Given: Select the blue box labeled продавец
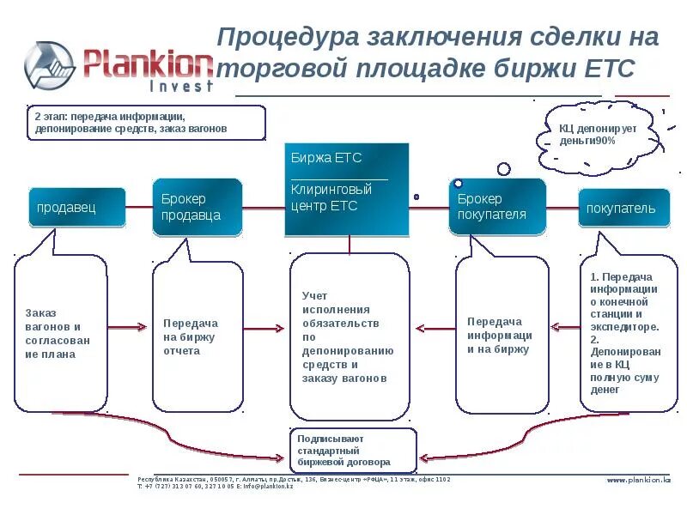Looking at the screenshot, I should [x=76, y=207].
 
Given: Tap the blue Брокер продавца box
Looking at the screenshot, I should [x=197, y=207].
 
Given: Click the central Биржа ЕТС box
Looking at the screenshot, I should [x=346, y=189].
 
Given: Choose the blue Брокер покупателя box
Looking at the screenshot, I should [x=496, y=207].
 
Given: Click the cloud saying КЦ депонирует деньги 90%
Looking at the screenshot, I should [x=593, y=136].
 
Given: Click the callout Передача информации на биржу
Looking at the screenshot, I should [x=500, y=335].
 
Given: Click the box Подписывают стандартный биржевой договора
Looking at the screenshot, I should [x=353, y=450].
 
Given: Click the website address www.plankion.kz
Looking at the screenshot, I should [x=639, y=480].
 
